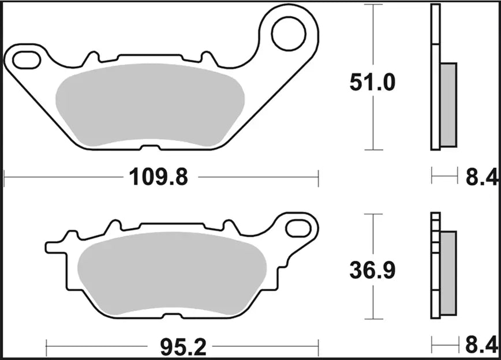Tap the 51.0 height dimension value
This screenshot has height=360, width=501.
point(372,83)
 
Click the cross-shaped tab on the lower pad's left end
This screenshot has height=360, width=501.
point(58,245)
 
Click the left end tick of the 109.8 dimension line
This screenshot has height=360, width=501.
point(5,178)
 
